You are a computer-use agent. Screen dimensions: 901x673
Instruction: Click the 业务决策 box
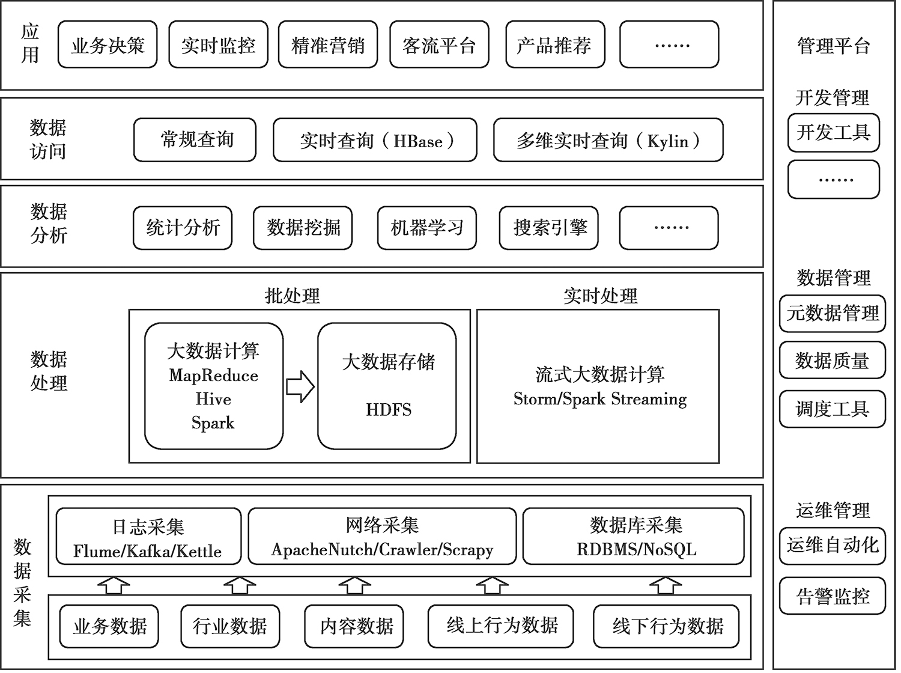coord(108,44)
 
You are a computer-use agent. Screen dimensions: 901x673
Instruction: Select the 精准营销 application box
coord(328,44)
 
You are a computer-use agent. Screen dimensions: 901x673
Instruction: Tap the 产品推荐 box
coord(556,44)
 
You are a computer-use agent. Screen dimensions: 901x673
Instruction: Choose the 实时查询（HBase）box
coord(375,140)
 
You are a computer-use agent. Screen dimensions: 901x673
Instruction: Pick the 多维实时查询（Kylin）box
coord(608,140)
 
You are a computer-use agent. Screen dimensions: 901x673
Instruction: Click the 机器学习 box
coord(427,228)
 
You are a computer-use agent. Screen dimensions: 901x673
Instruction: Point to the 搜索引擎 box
coord(549,228)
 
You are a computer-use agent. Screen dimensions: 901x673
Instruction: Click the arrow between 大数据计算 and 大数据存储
coord(300,386)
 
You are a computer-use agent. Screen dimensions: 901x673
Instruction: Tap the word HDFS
coord(389,410)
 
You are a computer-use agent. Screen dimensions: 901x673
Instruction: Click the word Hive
coord(213,399)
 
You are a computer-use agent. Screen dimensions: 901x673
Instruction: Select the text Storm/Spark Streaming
coord(599,399)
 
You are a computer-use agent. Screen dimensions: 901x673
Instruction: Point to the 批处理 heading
coord(293,296)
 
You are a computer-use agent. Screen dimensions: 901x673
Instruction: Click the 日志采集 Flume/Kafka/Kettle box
coord(148,536)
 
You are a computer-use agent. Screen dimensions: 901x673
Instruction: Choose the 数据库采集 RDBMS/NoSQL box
coord(633,536)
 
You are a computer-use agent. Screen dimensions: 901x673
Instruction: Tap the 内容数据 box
coord(354,626)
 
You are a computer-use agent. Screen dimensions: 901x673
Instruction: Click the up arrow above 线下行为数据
coord(666,585)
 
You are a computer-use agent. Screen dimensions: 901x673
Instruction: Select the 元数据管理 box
coord(833,314)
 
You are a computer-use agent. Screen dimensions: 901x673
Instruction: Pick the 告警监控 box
coord(833,596)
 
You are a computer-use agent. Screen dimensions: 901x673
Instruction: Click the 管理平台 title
coord(834,46)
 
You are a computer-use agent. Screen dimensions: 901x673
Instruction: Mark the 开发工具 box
coord(834,133)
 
